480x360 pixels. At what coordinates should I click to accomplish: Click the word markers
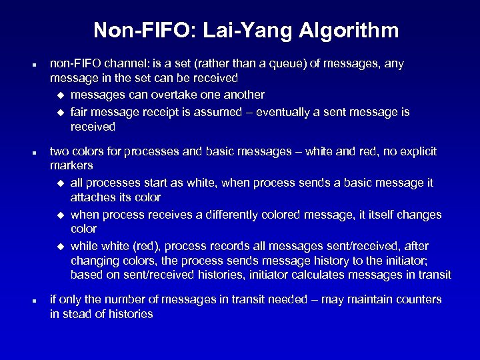pyautogui.click(x=71, y=165)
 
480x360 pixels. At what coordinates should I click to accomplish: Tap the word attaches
pyautogui.click(x=92, y=198)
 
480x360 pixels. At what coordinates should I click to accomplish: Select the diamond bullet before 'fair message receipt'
pyautogui.click(x=61, y=113)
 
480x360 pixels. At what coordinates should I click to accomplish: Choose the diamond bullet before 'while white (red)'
pyautogui.click(x=61, y=245)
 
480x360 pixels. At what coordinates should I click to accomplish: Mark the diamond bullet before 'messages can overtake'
pyautogui.click(x=61, y=95)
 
